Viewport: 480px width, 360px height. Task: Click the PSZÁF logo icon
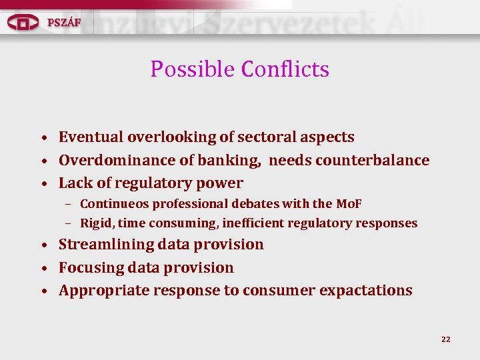(x=23, y=22)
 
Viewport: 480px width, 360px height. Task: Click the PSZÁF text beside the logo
(x=64, y=22)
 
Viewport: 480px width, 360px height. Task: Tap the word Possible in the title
(x=193, y=69)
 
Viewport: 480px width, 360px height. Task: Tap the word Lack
(x=74, y=183)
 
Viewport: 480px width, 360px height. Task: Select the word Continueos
(x=114, y=204)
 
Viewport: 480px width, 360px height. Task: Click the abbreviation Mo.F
(x=349, y=204)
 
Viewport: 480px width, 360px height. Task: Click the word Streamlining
(x=106, y=245)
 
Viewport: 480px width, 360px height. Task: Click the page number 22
(x=446, y=339)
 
